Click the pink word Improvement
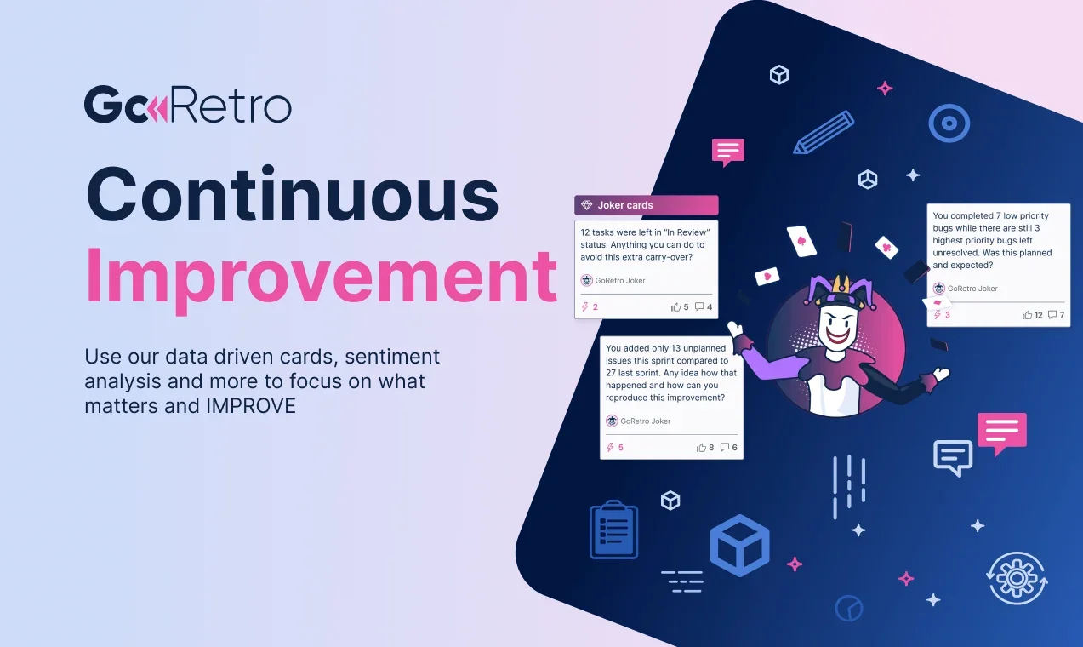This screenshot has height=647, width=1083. [x=322, y=278]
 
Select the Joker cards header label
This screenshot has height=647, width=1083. [x=625, y=205]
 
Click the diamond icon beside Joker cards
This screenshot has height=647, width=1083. [x=586, y=205]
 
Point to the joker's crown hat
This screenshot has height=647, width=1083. [x=836, y=291]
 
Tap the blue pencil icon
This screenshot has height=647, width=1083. [x=824, y=132]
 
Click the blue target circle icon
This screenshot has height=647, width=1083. [x=949, y=123]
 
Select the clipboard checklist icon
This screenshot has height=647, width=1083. [x=613, y=530]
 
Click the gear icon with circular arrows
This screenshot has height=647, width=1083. [x=1017, y=578]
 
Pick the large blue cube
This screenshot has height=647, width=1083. [x=740, y=546]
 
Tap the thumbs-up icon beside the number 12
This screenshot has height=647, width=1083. [x=1027, y=315]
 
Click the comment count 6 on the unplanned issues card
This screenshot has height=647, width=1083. [x=734, y=447]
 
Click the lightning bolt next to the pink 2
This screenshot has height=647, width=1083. [x=585, y=306]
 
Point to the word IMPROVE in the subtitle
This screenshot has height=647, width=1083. [x=251, y=406]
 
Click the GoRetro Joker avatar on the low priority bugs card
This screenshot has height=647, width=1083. [x=939, y=289]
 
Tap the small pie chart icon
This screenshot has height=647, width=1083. [x=848, y=609]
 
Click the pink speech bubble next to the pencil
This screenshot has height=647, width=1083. [x=727, y=152]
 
